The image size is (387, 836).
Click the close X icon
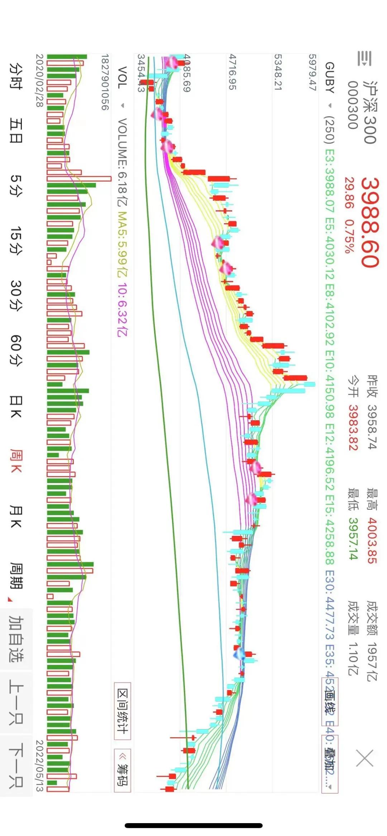tap(365, 758)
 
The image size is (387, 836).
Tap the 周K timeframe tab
tap(16, 461)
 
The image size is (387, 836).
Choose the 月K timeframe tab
tap(16, 517)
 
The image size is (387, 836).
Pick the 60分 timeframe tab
tap(16, 350)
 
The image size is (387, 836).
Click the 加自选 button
tap(16, 639)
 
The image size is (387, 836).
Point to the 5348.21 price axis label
tap(278, 72)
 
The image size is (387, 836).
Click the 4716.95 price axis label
tap(233, 72)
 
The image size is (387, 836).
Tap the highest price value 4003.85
tap(372, 540)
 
